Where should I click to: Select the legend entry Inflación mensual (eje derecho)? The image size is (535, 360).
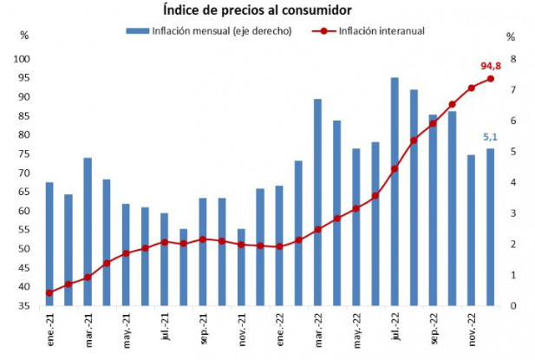pos(213,32)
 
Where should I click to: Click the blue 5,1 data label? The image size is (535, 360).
pos(490,136)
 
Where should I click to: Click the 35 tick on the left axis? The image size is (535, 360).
pos(26,306)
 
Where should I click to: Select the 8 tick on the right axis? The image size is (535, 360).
pos(513,59)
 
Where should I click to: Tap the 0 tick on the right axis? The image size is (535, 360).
pos(513,306)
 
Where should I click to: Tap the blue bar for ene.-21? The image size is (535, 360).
pos(49,244)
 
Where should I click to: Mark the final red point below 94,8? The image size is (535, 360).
pos(490,79)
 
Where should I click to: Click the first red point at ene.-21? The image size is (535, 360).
pos(49,292)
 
